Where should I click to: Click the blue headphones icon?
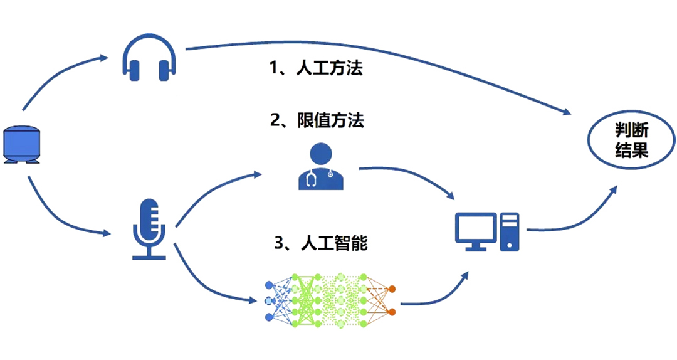click(148, 57)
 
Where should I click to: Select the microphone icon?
click(149, 229)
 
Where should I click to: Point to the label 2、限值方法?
click(317, 120)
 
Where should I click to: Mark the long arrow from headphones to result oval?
click(389, 60)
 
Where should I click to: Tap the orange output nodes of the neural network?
click(392, 300)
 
